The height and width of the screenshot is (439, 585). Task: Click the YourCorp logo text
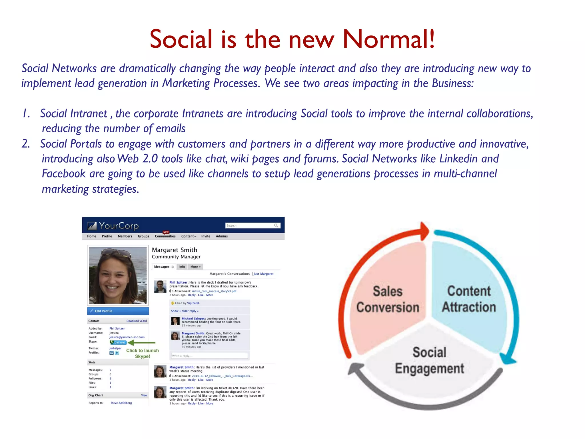point(119,226)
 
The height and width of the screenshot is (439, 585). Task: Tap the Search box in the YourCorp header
point(250,226)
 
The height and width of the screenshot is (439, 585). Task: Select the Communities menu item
point(165,236)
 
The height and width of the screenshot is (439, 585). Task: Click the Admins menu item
point(222,236)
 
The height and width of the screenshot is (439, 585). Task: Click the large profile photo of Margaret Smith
point(118,276)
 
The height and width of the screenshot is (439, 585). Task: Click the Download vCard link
point(137,321)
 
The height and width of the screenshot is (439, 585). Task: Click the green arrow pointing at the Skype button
point(142,342)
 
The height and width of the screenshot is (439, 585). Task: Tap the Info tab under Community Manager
point(182,267)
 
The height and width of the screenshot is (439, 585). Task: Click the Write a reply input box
point(209,356)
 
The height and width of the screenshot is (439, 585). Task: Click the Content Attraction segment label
point(469,299)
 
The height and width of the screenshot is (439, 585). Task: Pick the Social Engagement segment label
point(429,360)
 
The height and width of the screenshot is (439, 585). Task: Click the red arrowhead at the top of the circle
point(425,231)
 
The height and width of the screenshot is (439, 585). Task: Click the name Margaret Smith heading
point(174,250)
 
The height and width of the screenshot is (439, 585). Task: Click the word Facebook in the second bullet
point(64,174)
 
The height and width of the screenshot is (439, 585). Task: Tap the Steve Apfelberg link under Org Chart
point(121,403)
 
